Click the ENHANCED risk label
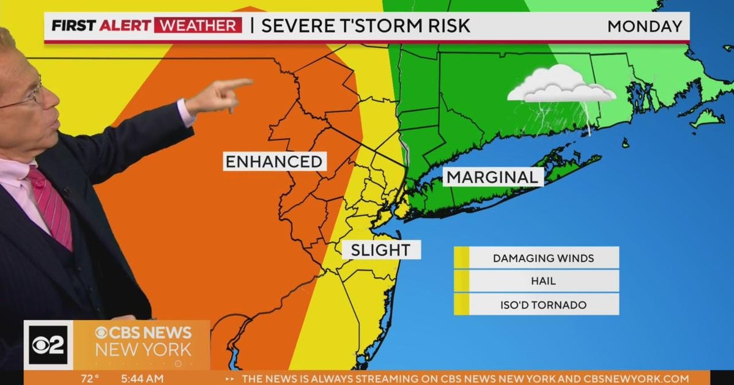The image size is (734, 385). tap(273, 161)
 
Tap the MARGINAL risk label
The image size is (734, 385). tap(493, 177)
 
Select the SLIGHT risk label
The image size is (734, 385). tap(380, 249)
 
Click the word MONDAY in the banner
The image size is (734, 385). tap(645, 26)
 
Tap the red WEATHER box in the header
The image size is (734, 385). tap(198, 26)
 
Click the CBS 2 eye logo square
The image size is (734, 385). tap(48, 345)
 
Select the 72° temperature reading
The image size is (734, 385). tap(89, 379)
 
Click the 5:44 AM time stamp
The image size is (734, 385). tap(142, 379)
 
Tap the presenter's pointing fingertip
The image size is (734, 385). tap(249, 82)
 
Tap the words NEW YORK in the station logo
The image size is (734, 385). tap(143, 350)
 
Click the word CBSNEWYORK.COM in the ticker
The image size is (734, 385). tap(636, 379)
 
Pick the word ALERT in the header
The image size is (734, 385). tap(126, 26)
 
